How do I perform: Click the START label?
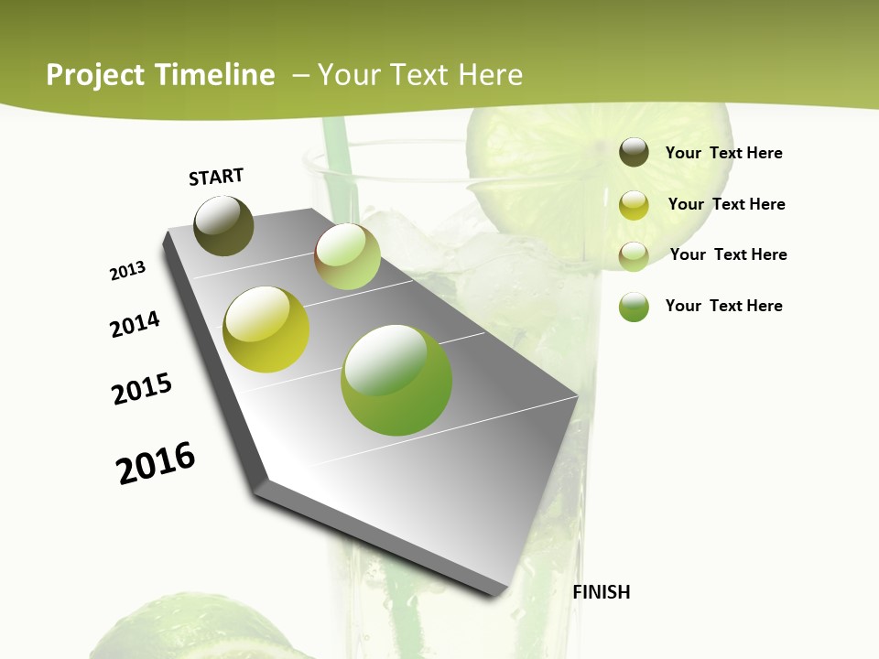216,177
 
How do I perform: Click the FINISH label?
601,592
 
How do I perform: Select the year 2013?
128,271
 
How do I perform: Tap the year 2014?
136,325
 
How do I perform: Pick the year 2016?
156,463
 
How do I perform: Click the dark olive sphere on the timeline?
224,225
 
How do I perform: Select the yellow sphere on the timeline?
266,329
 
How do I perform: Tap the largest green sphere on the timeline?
396,380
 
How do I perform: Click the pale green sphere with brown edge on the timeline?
347,256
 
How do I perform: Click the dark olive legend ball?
634,153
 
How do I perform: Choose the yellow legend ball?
634,205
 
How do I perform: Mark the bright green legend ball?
634,307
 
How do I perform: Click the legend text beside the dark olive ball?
723,153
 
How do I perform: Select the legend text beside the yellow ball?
726,204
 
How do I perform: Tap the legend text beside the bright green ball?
723,306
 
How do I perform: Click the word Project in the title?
95,75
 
